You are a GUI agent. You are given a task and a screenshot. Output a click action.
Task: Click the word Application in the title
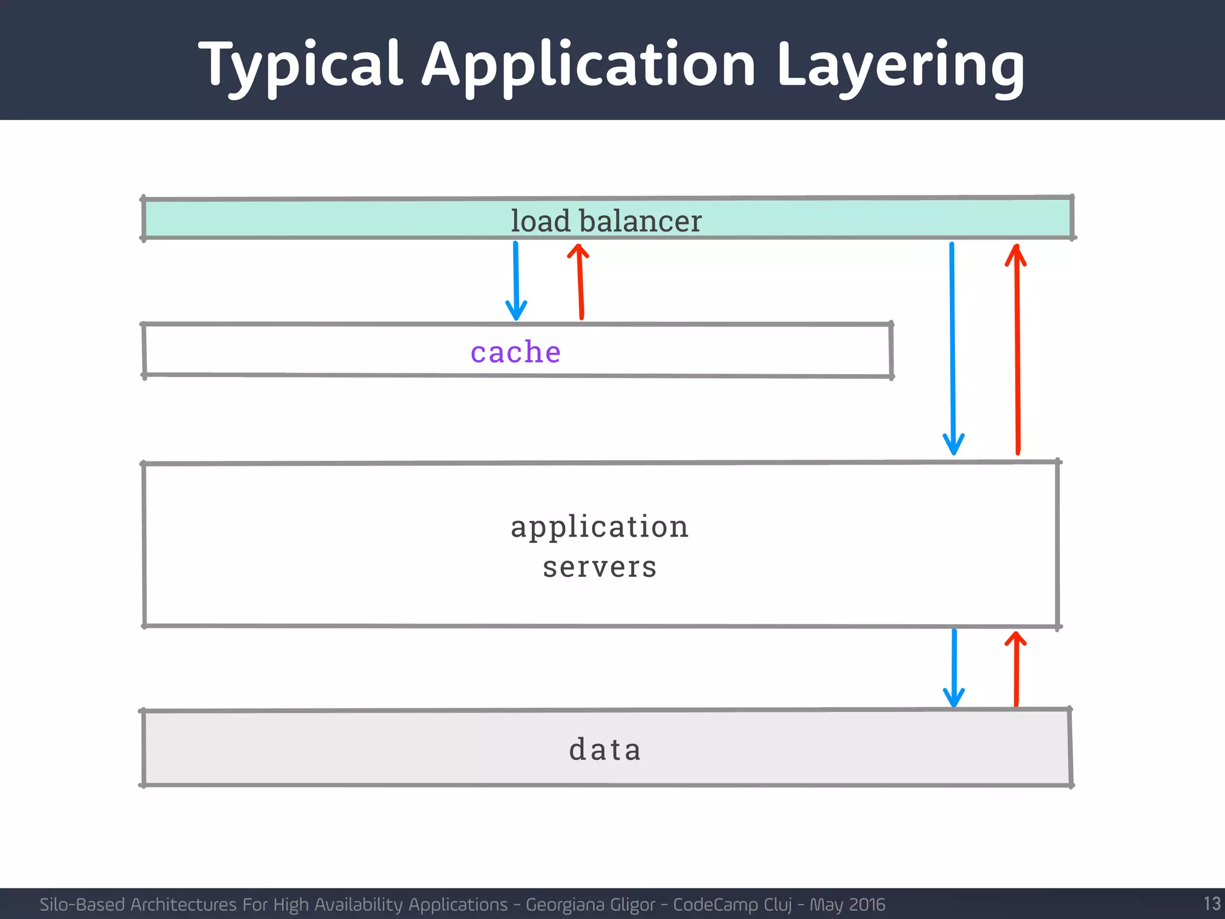[x=589, y=65]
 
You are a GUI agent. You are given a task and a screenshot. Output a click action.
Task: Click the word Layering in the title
[x=900, y=65]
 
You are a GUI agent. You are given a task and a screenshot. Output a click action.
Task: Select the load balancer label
[x=605, y=221]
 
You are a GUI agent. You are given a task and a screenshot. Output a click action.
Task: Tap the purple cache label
[x=516, y=352]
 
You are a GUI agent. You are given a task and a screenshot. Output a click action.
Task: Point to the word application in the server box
[x=599, y=527]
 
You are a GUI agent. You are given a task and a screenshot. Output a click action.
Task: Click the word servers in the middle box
[x=599, y=567]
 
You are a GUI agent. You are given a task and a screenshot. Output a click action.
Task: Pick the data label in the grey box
[x=605, y=750]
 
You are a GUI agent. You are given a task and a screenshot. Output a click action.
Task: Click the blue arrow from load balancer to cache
[x=516, y=281]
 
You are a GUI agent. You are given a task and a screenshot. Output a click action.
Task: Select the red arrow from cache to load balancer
[x=580, y=281]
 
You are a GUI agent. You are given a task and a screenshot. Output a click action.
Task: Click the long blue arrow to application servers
[x=952, y=347]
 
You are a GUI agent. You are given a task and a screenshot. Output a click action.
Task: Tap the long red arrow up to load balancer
[x=1017, y=347]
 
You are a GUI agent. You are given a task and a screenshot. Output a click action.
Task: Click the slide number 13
[x=1211, y=903]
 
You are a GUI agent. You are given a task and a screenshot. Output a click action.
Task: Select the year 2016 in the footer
[x=866, y=905]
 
